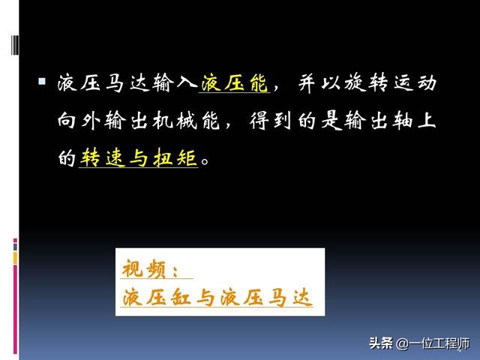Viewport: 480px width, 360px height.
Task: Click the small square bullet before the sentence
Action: [42, 81]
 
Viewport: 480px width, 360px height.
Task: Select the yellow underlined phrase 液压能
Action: [235, 82]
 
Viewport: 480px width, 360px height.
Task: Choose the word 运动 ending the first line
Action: [415, 82]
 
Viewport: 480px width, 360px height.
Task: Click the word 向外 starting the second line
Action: [79, 120]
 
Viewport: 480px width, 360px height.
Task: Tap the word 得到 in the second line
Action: [271, 120]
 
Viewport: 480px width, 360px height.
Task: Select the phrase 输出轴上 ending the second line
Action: [390, 120]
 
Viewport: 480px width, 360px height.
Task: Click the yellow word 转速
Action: [103, 157]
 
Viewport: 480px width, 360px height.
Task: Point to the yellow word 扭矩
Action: [175, 157]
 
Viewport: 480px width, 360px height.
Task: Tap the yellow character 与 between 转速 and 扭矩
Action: [139, 158]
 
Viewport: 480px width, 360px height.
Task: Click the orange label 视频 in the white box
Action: [143, 268]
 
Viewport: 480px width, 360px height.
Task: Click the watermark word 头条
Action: [381, 343]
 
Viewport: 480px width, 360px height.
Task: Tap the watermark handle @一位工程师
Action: [433, 343]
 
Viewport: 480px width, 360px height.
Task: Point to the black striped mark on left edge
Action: [14, 45]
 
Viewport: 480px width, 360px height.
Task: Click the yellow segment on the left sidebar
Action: [15, 258]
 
